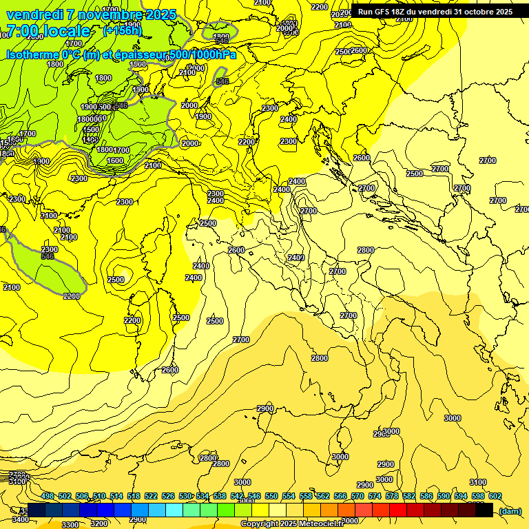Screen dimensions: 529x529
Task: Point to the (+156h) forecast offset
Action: click(123, 31)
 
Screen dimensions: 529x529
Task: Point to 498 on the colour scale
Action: click(48, 497)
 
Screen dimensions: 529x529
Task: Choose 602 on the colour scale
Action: click(495, 497)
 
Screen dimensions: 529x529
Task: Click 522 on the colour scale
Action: click(151, 497)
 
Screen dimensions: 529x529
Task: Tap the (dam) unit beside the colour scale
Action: click(510, 511)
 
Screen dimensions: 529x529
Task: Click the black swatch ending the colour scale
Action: click(484, 510)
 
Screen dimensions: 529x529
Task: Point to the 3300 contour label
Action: click(70, 524)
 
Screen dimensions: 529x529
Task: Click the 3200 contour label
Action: click(100, 523)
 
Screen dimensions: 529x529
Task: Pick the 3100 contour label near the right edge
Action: click(477, 482)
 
